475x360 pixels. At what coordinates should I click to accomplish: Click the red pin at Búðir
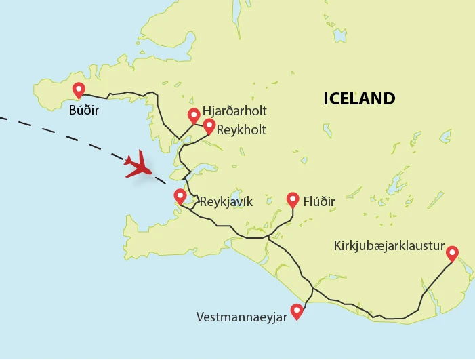pos(78,89)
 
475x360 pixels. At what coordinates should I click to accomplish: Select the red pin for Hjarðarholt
pos(194,115)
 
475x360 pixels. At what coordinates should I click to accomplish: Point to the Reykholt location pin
pos(209,126)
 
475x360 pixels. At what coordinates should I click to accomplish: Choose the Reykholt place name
pos(241,129)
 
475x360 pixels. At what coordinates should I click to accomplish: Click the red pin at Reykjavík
pos(180,197)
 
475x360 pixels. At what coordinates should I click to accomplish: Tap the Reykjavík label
pos(226,201)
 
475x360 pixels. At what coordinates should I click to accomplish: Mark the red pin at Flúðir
pos(293,199)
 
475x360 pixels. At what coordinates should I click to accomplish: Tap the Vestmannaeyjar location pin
pos(296,312)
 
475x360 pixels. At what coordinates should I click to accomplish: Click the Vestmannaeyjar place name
pos(240,317)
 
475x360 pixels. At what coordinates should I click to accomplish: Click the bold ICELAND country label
pos(358,99)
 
